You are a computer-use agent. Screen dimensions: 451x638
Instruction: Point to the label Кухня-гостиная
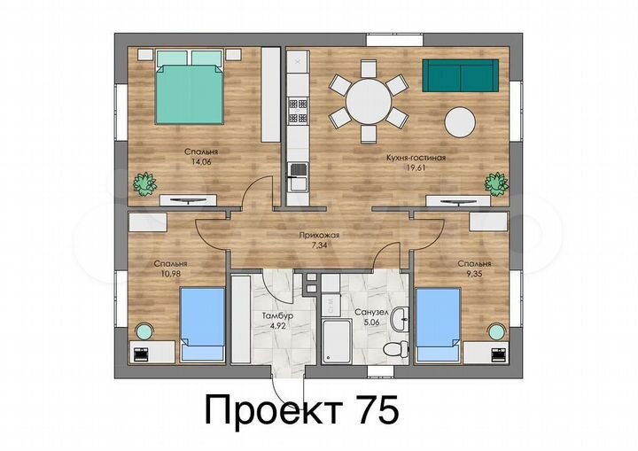pos(409,159)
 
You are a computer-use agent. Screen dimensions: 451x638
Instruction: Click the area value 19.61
pos(408,168)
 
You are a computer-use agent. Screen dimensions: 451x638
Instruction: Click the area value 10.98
pos(168,274)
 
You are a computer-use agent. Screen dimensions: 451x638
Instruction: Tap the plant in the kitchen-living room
pos(494,183)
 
